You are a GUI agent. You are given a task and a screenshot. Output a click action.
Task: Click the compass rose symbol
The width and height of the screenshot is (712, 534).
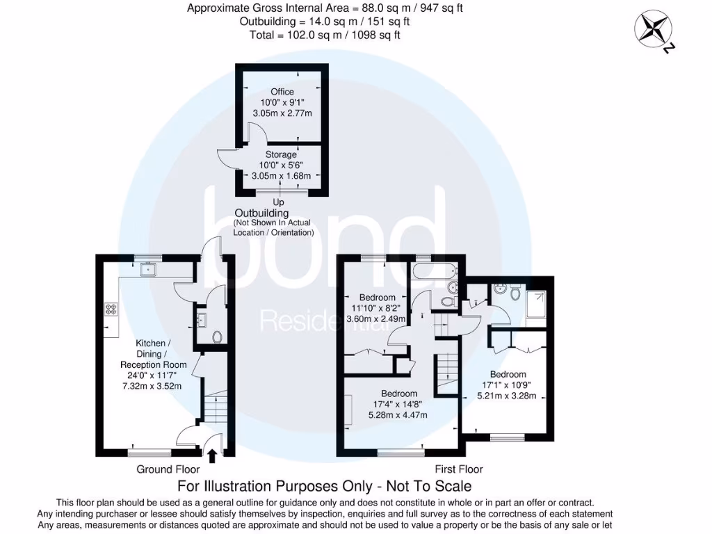654,29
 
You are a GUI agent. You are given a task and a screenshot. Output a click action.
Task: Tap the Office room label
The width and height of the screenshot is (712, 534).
282,92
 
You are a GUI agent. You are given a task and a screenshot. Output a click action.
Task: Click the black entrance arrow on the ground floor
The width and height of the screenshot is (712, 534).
212,455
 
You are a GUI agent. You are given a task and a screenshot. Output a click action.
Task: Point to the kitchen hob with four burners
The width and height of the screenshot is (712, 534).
111,310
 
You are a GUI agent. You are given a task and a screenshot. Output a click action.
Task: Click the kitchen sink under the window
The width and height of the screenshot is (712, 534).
147,270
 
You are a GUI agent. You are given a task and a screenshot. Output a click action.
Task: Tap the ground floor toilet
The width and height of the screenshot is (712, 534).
217,337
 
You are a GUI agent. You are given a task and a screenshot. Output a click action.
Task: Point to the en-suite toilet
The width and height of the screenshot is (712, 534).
515,294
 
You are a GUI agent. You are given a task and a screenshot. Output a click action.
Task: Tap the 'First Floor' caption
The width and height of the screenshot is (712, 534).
459,469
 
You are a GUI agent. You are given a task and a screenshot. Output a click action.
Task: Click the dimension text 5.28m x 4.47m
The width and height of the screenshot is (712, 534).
398,415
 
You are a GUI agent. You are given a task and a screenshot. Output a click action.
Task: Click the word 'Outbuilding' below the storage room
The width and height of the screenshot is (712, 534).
261,213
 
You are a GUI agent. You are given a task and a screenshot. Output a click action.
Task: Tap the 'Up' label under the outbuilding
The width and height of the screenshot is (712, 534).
279,202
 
